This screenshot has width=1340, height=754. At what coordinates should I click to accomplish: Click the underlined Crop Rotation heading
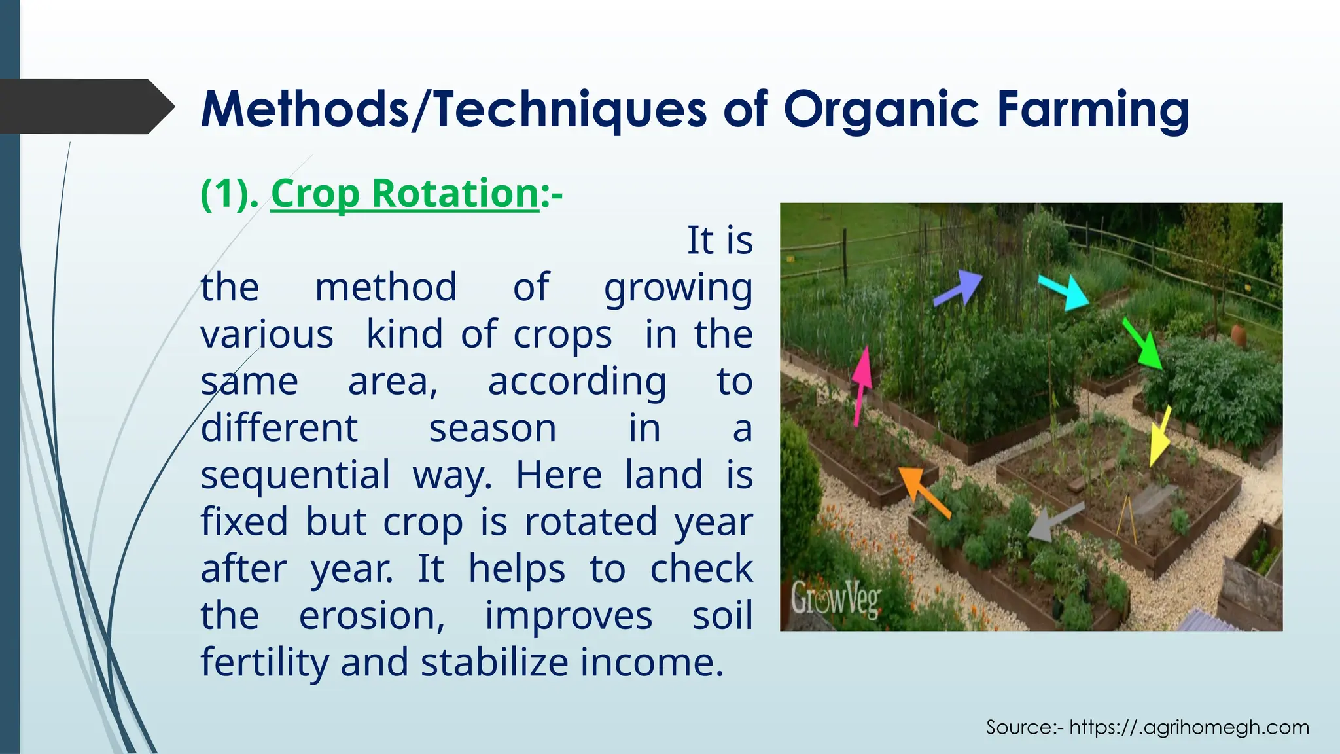tap(404, 194)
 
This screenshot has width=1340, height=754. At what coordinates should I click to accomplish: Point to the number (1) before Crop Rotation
tap(229, 194)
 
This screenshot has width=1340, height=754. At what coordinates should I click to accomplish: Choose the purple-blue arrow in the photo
tap(959, 288)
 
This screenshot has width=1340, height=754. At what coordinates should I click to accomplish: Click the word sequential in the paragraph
tap(295, 475)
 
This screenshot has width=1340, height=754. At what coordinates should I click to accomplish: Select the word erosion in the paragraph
tap(372, 616)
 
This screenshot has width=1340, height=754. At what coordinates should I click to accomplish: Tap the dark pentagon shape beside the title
tap(85, 107)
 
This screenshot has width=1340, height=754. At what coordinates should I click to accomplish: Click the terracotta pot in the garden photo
tap(1239, 335)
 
